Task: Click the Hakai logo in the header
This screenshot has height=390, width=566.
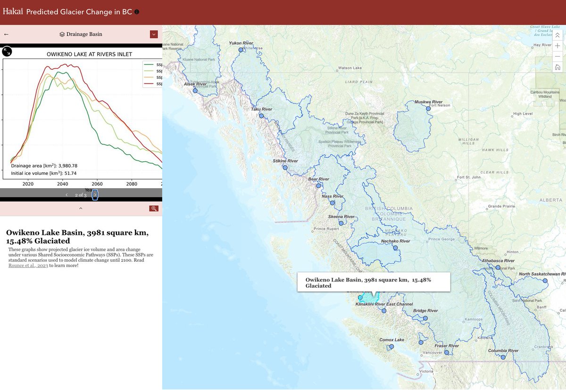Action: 13,11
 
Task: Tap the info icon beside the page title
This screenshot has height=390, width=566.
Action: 137,12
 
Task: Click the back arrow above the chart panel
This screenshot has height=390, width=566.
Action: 6,34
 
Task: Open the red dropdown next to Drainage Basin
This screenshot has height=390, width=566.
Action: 154,34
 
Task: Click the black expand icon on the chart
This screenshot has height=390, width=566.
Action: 7,51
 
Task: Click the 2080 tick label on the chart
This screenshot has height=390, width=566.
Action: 132,184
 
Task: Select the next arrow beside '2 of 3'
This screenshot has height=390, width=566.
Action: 95,195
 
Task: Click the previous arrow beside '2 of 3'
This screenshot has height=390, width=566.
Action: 67,195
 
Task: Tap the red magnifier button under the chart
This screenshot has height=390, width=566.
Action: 154,208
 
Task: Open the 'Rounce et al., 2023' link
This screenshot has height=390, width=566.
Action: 28,266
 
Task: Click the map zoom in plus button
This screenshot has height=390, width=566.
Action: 558,46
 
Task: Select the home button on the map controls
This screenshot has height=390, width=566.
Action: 558,67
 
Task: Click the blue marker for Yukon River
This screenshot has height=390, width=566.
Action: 241,50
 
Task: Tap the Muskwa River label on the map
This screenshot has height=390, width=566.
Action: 428,102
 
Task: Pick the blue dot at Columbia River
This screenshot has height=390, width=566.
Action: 503,357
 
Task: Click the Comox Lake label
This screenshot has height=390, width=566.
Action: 392,340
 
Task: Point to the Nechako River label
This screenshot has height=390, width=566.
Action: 395,241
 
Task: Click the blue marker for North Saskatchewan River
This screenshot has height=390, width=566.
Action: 545,281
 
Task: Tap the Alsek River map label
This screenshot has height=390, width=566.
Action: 195,84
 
